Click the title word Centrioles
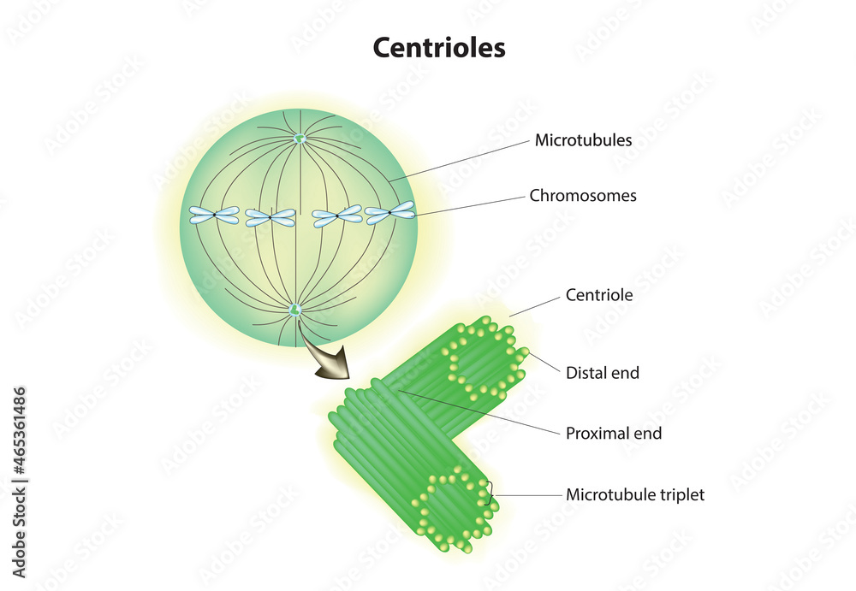[438, 47]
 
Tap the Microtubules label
[583, 140]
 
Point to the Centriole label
[599, 296]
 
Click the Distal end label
[602, 373]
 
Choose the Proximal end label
[613, 434]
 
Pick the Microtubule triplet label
[635, 495]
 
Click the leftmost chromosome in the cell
[214, 216]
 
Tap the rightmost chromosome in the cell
[389, 212]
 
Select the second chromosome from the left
[270, 218]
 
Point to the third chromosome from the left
[336, 216]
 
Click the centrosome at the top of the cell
[300, 139]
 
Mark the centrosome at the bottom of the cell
[296, 310]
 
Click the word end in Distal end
[625, 373]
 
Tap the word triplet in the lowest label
[678, 495]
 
